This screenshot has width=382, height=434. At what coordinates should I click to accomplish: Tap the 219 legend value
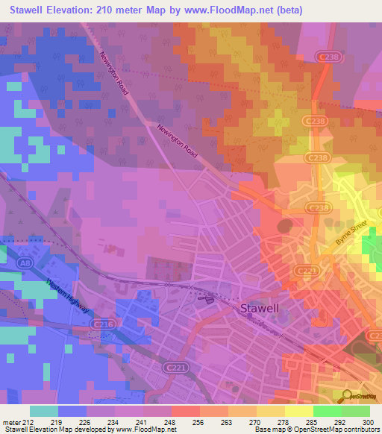pyautogui.click(x=56, y=421)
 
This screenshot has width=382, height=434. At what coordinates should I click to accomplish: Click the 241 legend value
pyautogui.click(x=146, y=421)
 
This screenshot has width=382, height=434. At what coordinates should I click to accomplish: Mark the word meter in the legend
pyautogui.click(x=13, y=421)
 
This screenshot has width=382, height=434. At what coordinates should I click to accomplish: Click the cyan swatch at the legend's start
pyautogui.click(x=44, y=411)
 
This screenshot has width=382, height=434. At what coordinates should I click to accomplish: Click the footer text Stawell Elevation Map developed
pyautogui.click(x=52, y=430)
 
